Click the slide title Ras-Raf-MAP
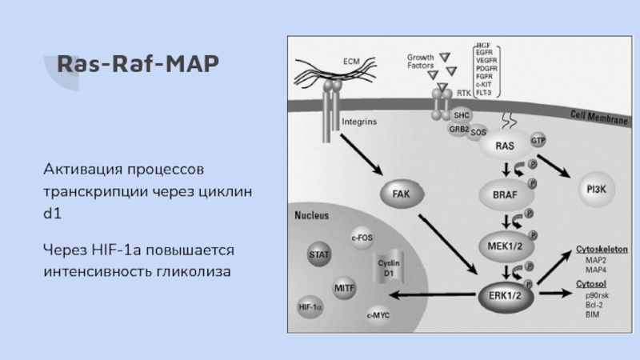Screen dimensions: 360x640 pyautogui.click(x=131, y=63)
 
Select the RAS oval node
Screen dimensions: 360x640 pyautogui.click(x=505, y=146)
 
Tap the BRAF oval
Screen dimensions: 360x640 pyautogui.click(x=505, y=193)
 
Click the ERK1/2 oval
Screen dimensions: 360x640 pyautogui.click(x=505, y=294)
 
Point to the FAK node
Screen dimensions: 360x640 pyautogui.click(x=401, y=194)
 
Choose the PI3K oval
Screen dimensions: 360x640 pyautogui.click(x=597, y=189)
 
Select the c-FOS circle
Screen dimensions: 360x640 pyautogui.click(x=362, y=237)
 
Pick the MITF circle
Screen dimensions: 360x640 pyautogui.click(x=346, y=286)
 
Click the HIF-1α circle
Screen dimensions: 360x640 pyautogui.click(x=310, y=306)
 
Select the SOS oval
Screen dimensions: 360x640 pyautogui.click(x=478, y=132)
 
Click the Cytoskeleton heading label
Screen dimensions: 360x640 pyautogui.click(x=602, y=249)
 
